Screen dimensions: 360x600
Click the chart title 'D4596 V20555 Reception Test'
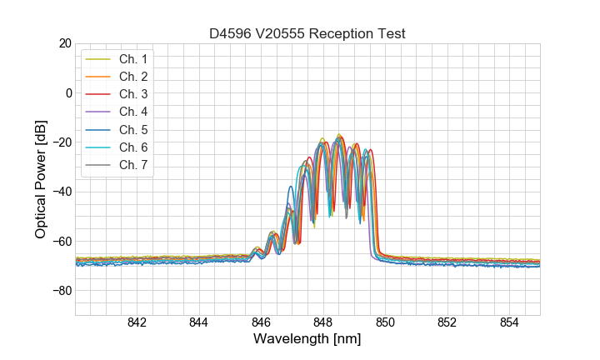click(307, 33)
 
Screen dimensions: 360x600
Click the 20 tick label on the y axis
click(64, 43)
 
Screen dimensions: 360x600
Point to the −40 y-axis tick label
click(61, 192)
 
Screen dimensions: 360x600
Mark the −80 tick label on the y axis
click(61, 291)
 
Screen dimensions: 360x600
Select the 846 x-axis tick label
click(261, 323)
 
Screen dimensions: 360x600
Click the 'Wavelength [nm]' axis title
click(307, 340)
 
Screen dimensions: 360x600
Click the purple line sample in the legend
click(99, 112)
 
